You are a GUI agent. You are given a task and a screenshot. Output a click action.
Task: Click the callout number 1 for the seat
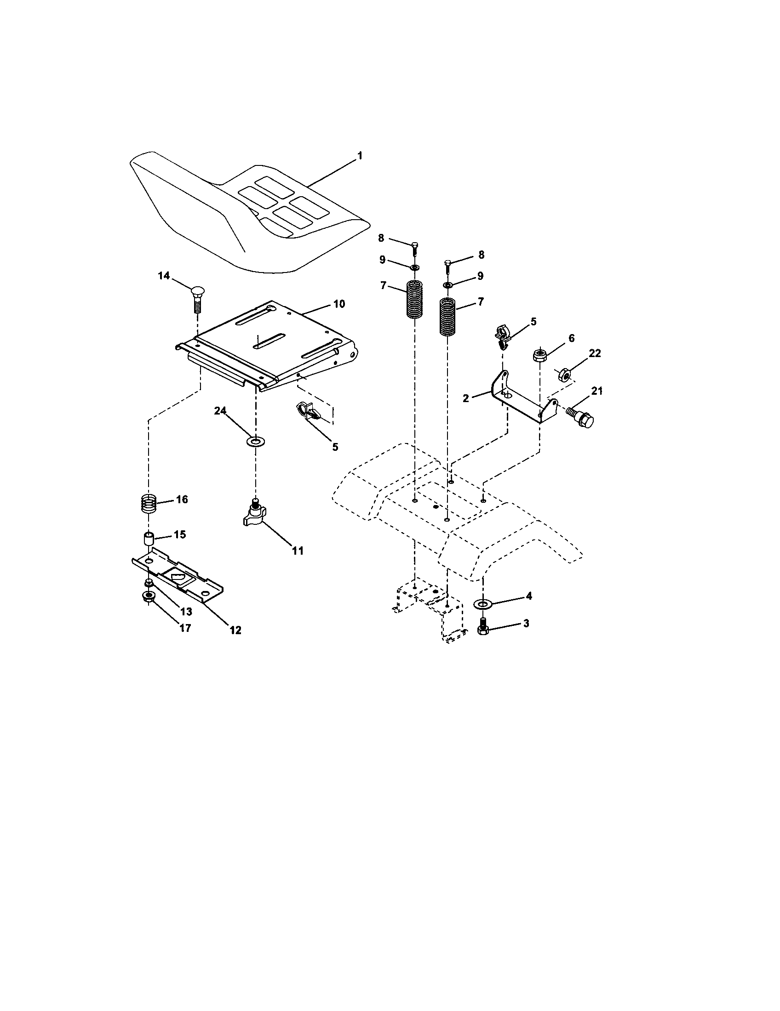[x=360, y=155]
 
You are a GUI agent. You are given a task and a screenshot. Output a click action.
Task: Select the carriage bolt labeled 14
[x=196, y=299]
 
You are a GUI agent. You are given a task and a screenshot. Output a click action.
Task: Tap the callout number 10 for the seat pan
[x=339, y=304]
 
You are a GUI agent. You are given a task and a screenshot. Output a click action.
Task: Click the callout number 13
[x=186, y=612]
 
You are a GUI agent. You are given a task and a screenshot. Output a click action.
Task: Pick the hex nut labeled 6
[x=539, y=356]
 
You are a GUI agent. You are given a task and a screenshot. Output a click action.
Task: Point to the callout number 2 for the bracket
[x=466, y=398]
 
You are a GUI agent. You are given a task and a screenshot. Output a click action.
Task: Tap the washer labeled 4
[x=482, y=604]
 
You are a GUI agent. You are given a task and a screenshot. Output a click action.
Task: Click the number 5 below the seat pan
[x=335, y=447]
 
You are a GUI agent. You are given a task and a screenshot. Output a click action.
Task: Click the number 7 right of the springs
[x=480, y=302]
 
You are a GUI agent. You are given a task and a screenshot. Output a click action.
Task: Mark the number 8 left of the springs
[x=381, y=238]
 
